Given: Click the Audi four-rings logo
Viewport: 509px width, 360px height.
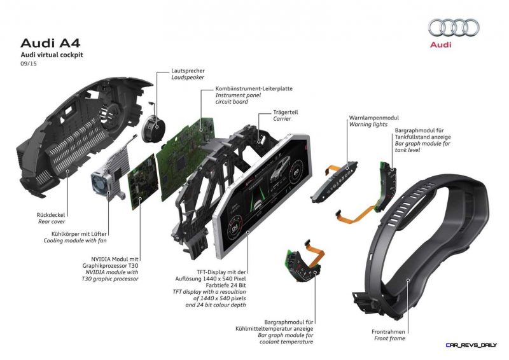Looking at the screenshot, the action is pyautogui.click(x=454, y=27).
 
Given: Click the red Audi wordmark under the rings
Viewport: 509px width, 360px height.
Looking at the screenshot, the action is pyautogui.click(x=440, y=44).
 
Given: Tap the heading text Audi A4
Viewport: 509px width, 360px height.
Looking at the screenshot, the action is pyautogui.click(x=50, y=43).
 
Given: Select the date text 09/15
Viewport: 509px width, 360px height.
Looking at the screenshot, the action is pyautogui.click(x=29, y=64).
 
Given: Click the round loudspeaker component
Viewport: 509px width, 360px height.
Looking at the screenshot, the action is pyautogui.click(x=153, y=127).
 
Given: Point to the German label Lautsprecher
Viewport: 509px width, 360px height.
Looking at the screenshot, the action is pyautogui.click(x=188, y=71).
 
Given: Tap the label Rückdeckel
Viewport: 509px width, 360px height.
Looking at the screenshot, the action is pyautogui.click(x=51, y=215).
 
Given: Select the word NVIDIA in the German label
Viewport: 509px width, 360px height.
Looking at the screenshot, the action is pyautogui.click(x=101, y=259).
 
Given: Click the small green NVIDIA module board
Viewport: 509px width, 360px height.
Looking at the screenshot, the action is pyautogui.click(x=143, y=182).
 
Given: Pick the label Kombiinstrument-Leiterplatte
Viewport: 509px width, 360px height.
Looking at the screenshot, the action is pyautogui.click(x=254, y=88).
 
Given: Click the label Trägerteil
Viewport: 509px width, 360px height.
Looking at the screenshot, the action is pyautogui.click(x=285, y=113).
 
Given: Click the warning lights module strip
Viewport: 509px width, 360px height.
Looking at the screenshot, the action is pyautogui.click(x=334, y=182).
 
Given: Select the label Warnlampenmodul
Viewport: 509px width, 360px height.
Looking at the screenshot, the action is pyautogui.click(x=374, y=118).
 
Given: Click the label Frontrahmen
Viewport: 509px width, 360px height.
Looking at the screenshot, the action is pyautogui.click(x=388, y=332).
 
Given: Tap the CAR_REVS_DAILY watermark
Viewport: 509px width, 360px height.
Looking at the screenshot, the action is pyautogui.click(x=471, y=345).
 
